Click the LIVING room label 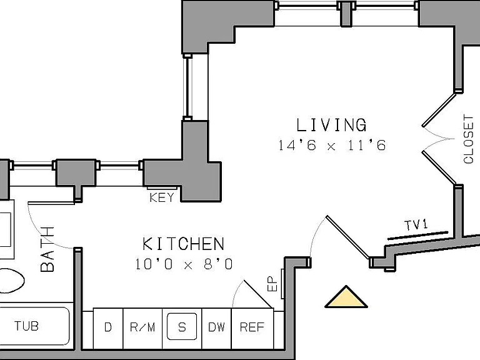tap(331, 124)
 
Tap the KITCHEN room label tap(183, 244)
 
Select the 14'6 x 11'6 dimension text tap(332, 145)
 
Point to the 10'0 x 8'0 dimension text tap(184, 264)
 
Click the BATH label tap(47, 249)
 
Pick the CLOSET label tap(468, 139)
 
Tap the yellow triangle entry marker tap(346, 297)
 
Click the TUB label tap(27, 326)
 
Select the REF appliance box tap(252, 328)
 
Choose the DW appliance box tap(216, 328)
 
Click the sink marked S tap(182, 327)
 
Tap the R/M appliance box tap(142, 328)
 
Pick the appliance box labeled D tap(107, 328)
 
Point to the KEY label tap(162, 197)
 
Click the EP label tap(272, 284)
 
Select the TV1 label tap(416, 225)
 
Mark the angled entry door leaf tap(348, 237)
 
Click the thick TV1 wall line tap(418, 235)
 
